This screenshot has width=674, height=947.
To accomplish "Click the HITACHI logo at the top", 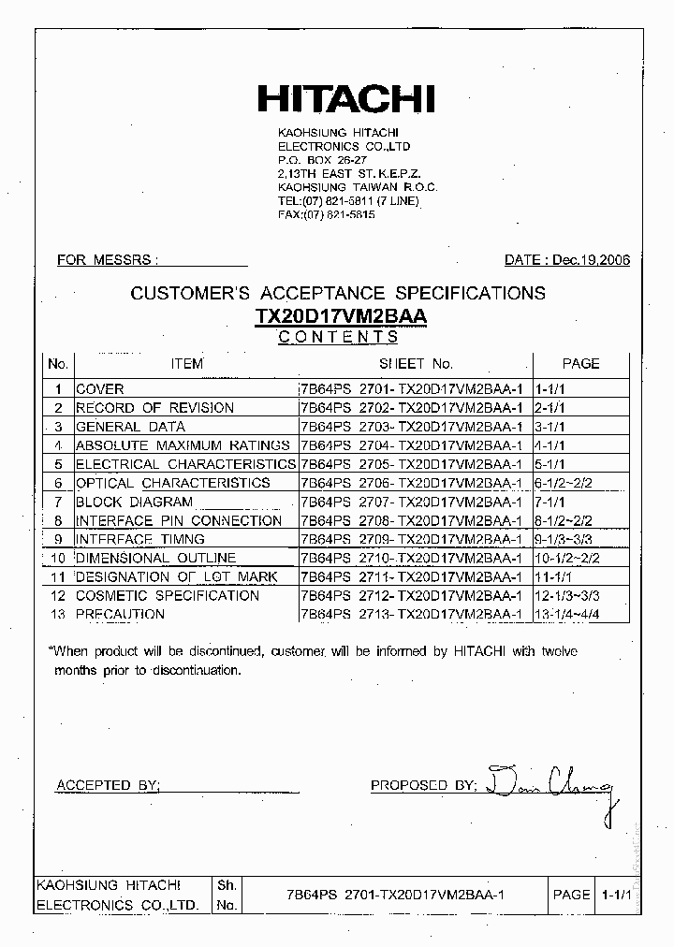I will [x=345, y=99].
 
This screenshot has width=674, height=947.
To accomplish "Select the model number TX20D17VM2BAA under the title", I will [x=341, y=317].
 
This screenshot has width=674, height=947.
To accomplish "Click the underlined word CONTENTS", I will [x=338, y=338].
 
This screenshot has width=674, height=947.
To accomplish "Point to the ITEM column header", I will [x=186, y=363].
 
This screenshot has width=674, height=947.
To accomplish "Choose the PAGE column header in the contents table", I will [x=580, y=363].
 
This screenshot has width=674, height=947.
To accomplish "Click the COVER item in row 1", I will [x=99, y=388].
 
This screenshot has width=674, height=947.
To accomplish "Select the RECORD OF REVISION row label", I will [x=154, y=407].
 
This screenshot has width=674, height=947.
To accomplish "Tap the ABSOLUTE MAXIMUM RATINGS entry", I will [x=183, y=445].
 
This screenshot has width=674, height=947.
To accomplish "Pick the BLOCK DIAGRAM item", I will [x=134, y=502].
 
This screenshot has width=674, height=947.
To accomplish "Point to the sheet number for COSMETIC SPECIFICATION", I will [x=411, y=595].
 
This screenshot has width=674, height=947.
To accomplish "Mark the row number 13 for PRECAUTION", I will [x=58, y=614].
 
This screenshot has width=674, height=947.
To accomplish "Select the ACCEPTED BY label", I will [x=109, y=785].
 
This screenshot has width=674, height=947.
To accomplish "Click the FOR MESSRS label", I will [x=108, y=260].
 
